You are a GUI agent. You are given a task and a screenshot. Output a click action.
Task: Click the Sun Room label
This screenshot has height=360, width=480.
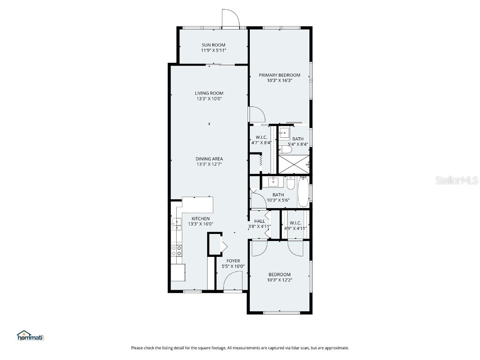213,45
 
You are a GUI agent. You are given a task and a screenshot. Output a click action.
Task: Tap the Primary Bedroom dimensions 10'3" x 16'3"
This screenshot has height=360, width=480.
280,81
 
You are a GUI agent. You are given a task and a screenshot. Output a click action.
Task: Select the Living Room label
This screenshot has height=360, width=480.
209,93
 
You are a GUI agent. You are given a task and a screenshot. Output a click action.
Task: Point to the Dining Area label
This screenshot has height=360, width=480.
209,159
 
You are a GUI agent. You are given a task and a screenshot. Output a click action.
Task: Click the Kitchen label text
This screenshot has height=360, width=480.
200,218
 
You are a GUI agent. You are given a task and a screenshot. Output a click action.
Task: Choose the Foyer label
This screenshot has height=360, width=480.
233,261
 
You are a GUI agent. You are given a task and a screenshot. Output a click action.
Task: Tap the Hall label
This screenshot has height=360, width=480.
259,221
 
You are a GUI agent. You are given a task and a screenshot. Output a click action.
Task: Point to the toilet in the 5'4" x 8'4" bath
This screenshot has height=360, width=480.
284,150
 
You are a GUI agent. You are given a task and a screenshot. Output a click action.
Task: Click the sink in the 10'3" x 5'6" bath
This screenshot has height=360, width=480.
273,181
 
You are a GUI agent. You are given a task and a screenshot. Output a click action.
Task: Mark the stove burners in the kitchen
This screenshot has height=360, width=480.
177,251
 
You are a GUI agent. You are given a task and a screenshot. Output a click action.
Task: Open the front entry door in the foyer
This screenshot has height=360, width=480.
232,283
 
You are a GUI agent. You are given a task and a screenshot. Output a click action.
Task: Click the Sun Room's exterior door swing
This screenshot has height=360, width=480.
231,18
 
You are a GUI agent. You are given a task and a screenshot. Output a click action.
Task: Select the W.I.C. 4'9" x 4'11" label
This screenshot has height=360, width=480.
295,225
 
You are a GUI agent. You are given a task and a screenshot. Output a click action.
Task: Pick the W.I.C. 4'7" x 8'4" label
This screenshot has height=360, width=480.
261,140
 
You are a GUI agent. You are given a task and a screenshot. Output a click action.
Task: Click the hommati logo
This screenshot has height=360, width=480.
30,336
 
